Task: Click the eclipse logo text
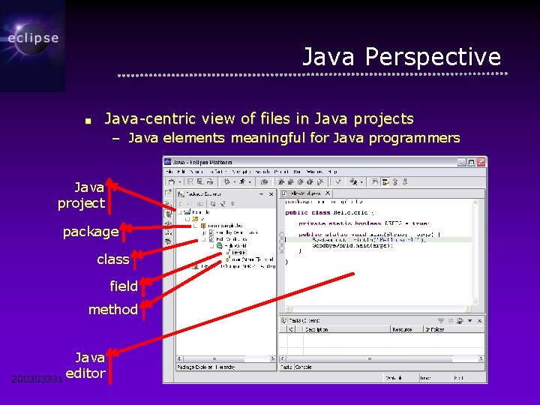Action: click(33, 38)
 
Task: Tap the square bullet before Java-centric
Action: click(88, 120)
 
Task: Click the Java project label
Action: click(82, 195)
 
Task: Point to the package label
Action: click(91, 232)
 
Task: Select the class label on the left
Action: click(113, 259)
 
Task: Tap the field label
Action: click(124, 286)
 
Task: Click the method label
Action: click(113, 309)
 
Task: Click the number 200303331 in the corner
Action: click(37, 379)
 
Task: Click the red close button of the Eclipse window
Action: click(481, 162)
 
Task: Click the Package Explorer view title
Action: click(202, 193)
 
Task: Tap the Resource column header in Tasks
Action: click(402, 328)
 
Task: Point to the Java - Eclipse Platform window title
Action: click(202, 162)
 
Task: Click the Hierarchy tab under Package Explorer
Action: click(220, 367)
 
